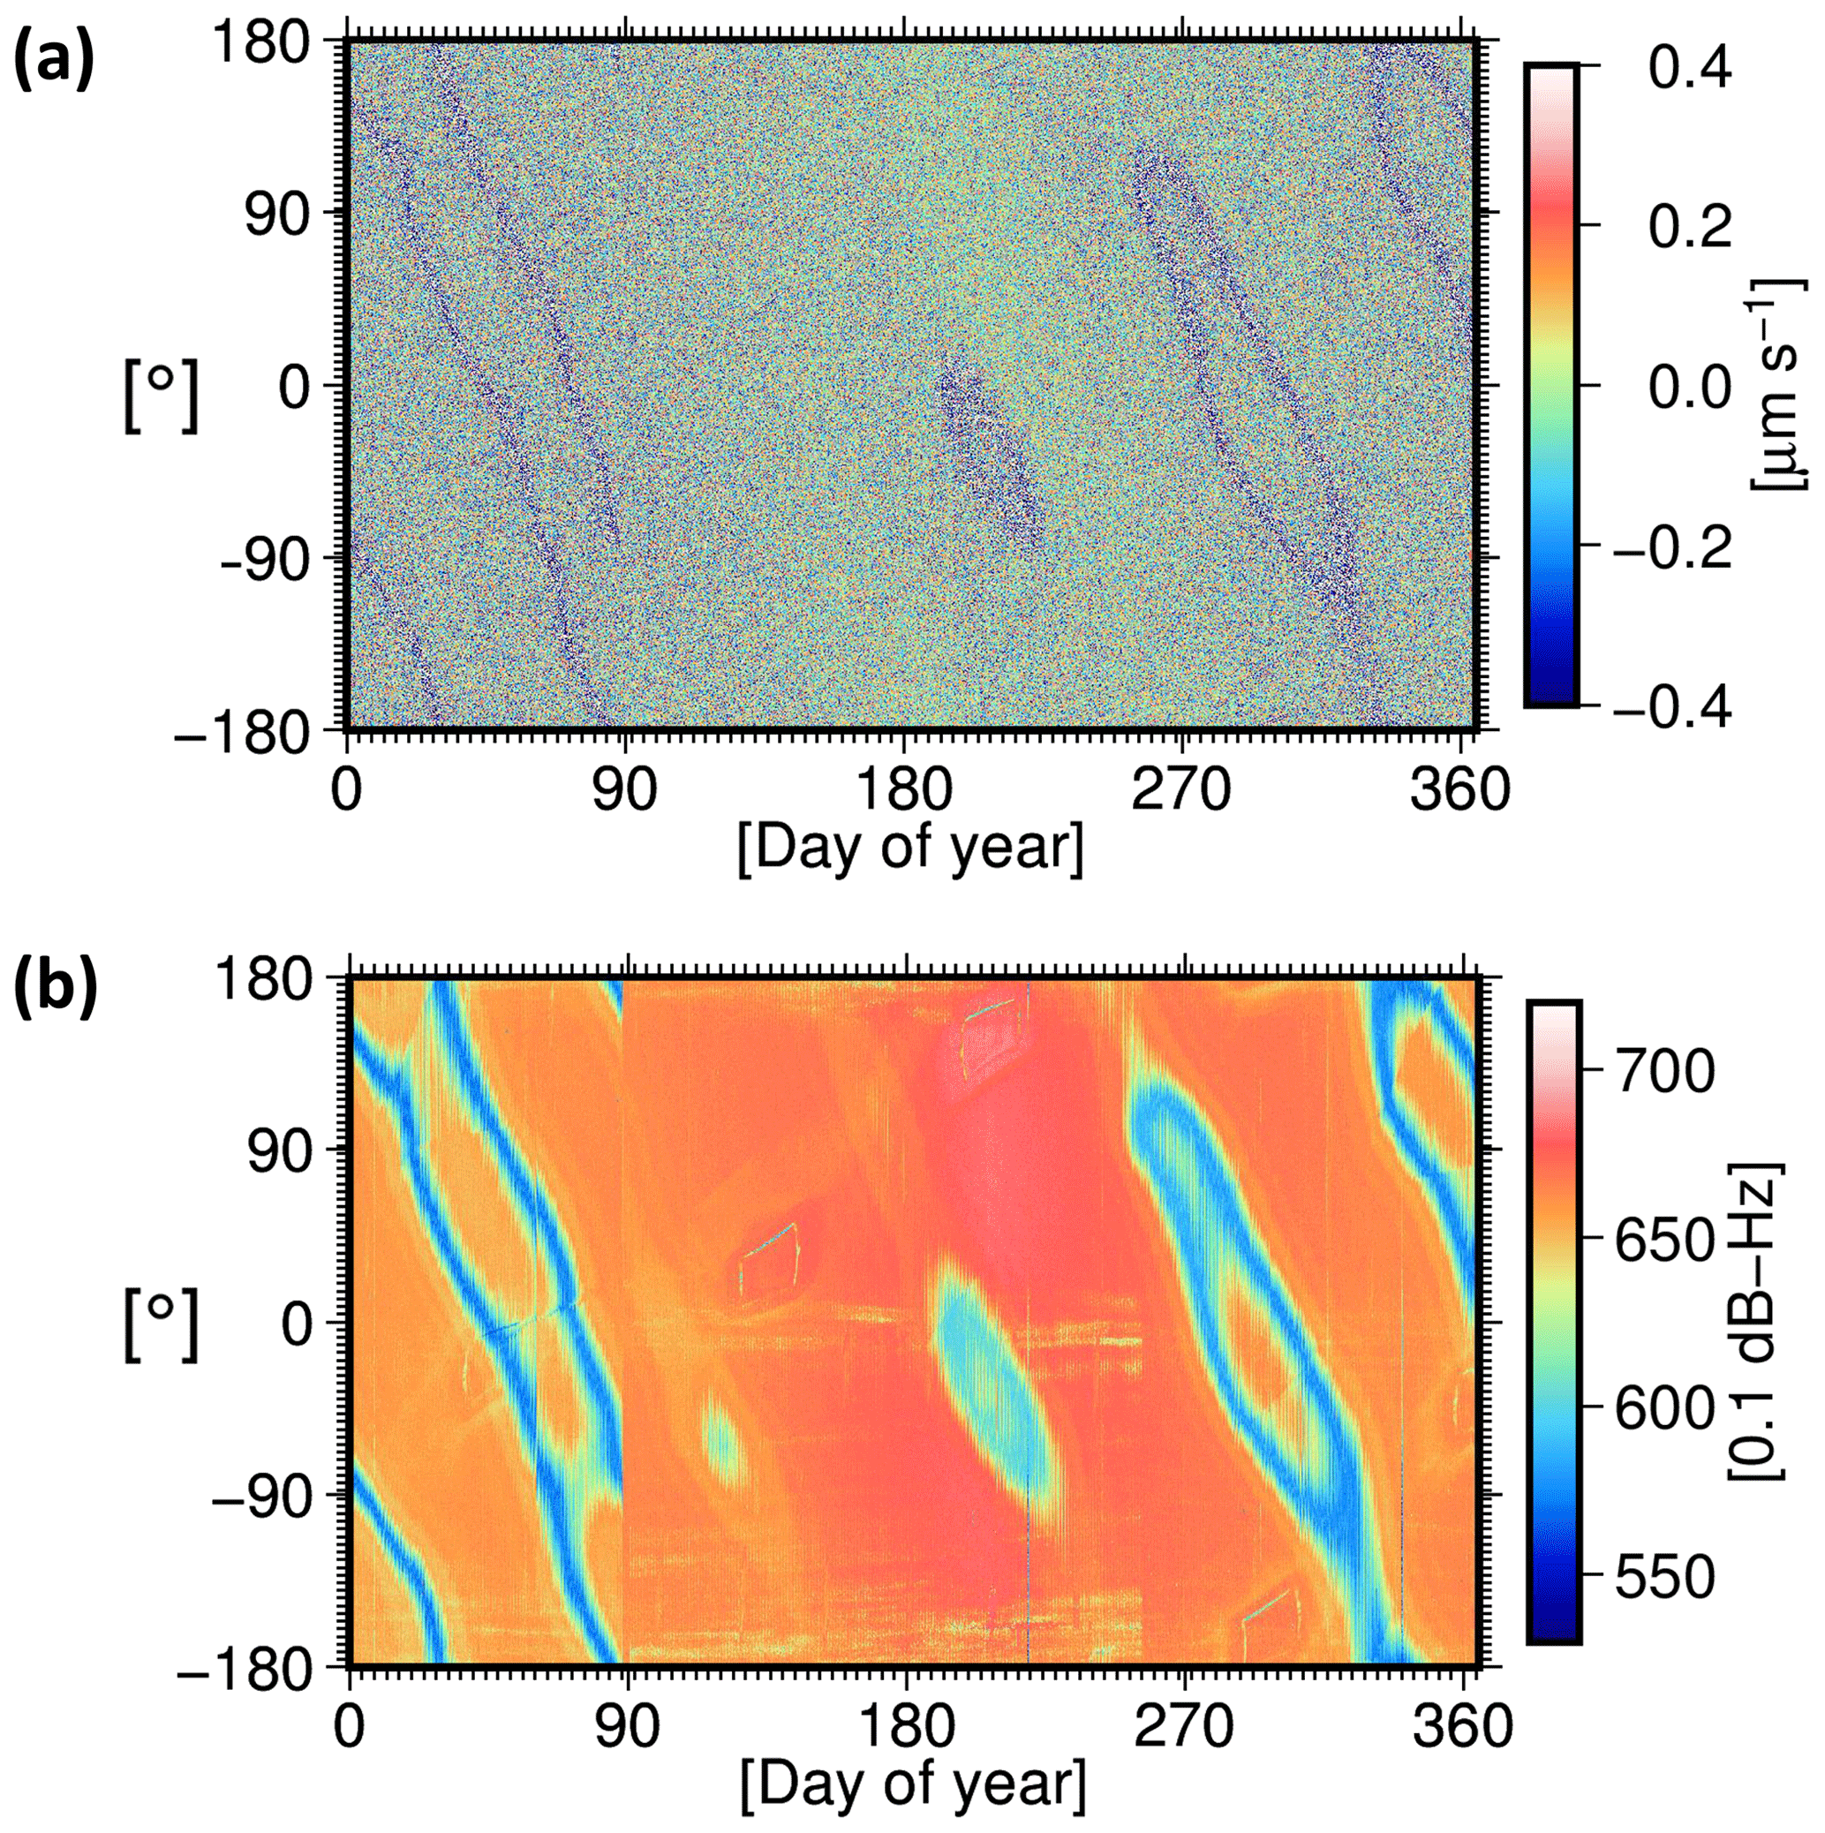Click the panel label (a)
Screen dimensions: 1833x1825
[53, 59]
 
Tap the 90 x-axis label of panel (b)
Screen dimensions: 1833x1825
[627, 1728]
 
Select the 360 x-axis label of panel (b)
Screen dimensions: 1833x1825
[1460, 1728]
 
